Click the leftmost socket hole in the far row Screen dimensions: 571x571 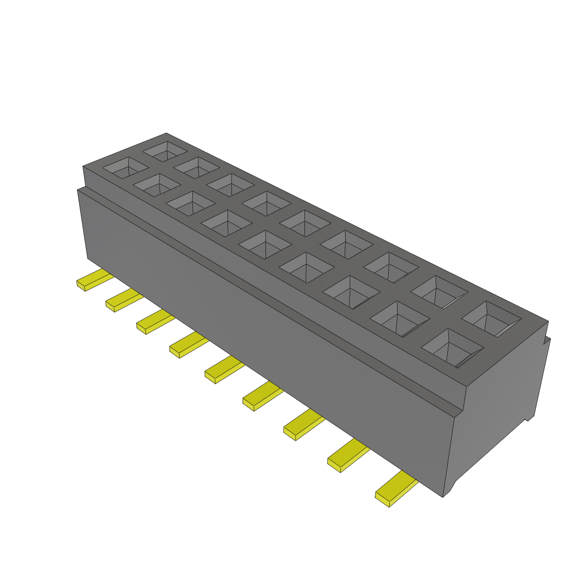point(165,149)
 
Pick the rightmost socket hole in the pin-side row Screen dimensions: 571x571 point(452,347)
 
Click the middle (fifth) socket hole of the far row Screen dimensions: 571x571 point(304,222)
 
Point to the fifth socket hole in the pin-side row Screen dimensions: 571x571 point(265,244)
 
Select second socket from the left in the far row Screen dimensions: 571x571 point(196,167)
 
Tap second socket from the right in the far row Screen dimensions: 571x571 point(439,292)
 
